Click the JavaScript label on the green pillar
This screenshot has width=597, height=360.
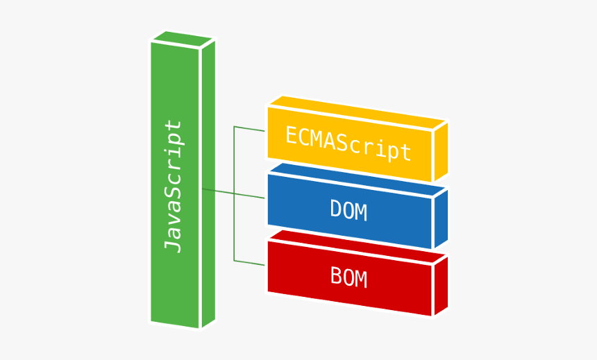(173, 186)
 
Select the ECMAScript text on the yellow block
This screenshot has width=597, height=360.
(348, 142)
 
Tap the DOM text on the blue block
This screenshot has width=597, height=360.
(348, 210)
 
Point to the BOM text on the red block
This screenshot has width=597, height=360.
(348, 277)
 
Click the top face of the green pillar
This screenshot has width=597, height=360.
(183, 39)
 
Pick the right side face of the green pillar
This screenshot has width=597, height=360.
(208, 184)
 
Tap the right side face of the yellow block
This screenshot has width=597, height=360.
(440, 152)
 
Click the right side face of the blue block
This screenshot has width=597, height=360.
(440, 218)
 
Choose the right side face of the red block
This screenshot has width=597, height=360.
(440, 285)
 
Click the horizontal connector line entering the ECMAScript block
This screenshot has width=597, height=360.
(250, 128)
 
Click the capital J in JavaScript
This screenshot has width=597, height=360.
(173, 243)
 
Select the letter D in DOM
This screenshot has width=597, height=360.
(336, 210)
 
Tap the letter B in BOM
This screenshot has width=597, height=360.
(336, 277)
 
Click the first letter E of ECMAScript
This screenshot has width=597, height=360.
(292, 135)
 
